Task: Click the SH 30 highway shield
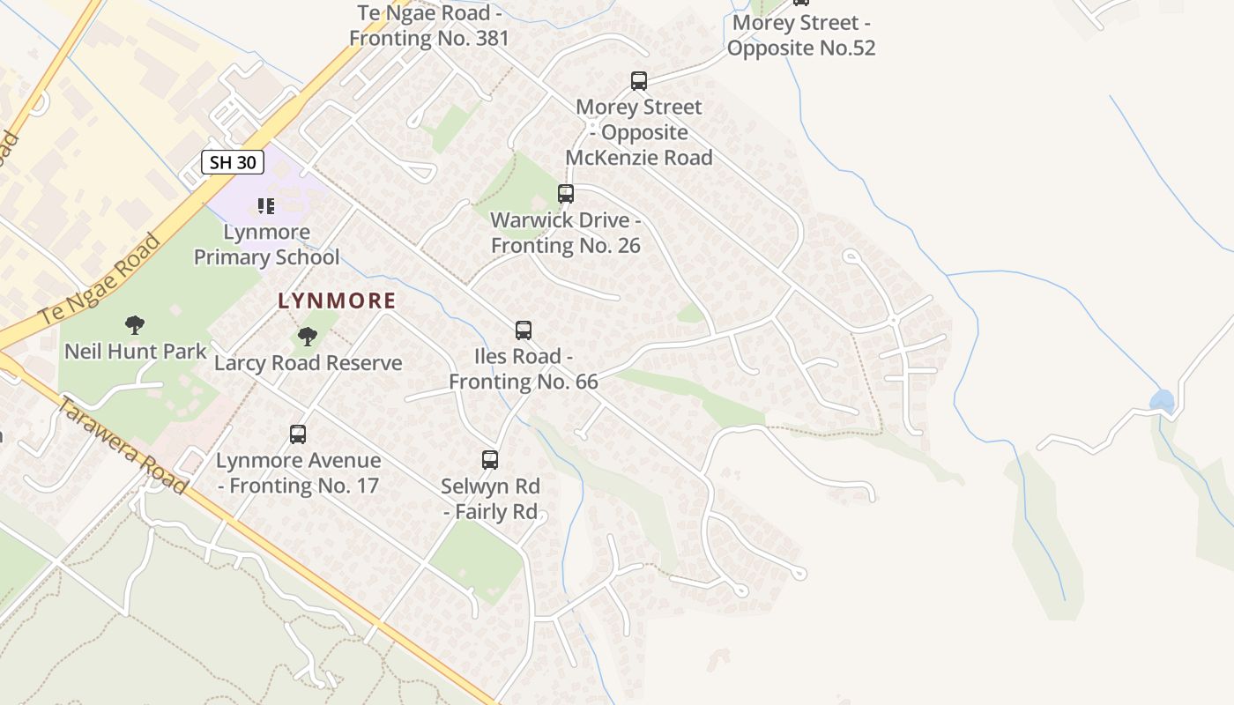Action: point(233,162)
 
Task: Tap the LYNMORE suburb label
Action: point(337,301)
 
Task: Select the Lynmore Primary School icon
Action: point(265,206)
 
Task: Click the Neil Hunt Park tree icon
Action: point(135,325)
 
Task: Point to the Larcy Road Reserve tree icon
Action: point(308,336)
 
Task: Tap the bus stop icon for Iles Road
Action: point(524,330)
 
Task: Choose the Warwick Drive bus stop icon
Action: point(566,194)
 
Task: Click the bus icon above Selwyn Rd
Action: point(490,459)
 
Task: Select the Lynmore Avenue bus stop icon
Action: point(298,434)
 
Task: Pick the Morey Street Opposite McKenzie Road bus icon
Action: point(639,81)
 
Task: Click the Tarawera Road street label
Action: point(123,444)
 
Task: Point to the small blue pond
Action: point(1162,402)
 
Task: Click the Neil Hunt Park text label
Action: point(136,351)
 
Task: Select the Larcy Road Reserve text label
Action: point(308,362)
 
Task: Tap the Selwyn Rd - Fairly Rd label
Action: point(491,499)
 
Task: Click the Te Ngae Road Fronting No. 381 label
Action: point(429,26)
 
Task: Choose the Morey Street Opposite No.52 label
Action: point(801,34)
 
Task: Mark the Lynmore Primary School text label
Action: point(266,245)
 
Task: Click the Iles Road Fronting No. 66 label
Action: point(524,368)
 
